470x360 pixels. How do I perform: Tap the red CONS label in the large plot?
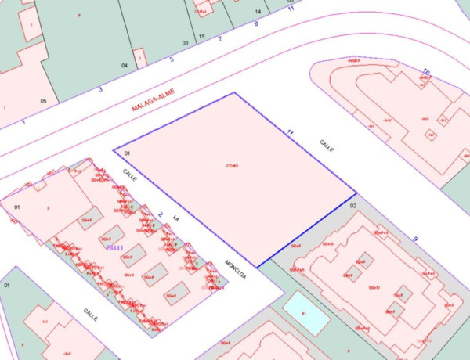(x=232, y=166)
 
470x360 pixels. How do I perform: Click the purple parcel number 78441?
(x=114, y=247)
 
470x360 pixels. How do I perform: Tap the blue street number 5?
(x=172, y=59)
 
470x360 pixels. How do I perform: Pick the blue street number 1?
(x=24, y=121)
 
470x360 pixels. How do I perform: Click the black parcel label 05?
(x=44, y=101)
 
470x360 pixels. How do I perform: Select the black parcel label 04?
(x=125, y=65)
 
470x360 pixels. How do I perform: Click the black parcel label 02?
(x=352, y=205)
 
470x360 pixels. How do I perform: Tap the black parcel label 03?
(x=186, y=42)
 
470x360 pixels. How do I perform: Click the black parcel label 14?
(x=258, y=12)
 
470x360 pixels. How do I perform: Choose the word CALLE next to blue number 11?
(x=327, y=146)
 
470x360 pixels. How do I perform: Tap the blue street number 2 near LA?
(x=159, y=214)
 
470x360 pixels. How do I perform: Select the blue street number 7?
(x=219, y=38)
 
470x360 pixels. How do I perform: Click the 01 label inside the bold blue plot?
(x=127, y=154)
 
